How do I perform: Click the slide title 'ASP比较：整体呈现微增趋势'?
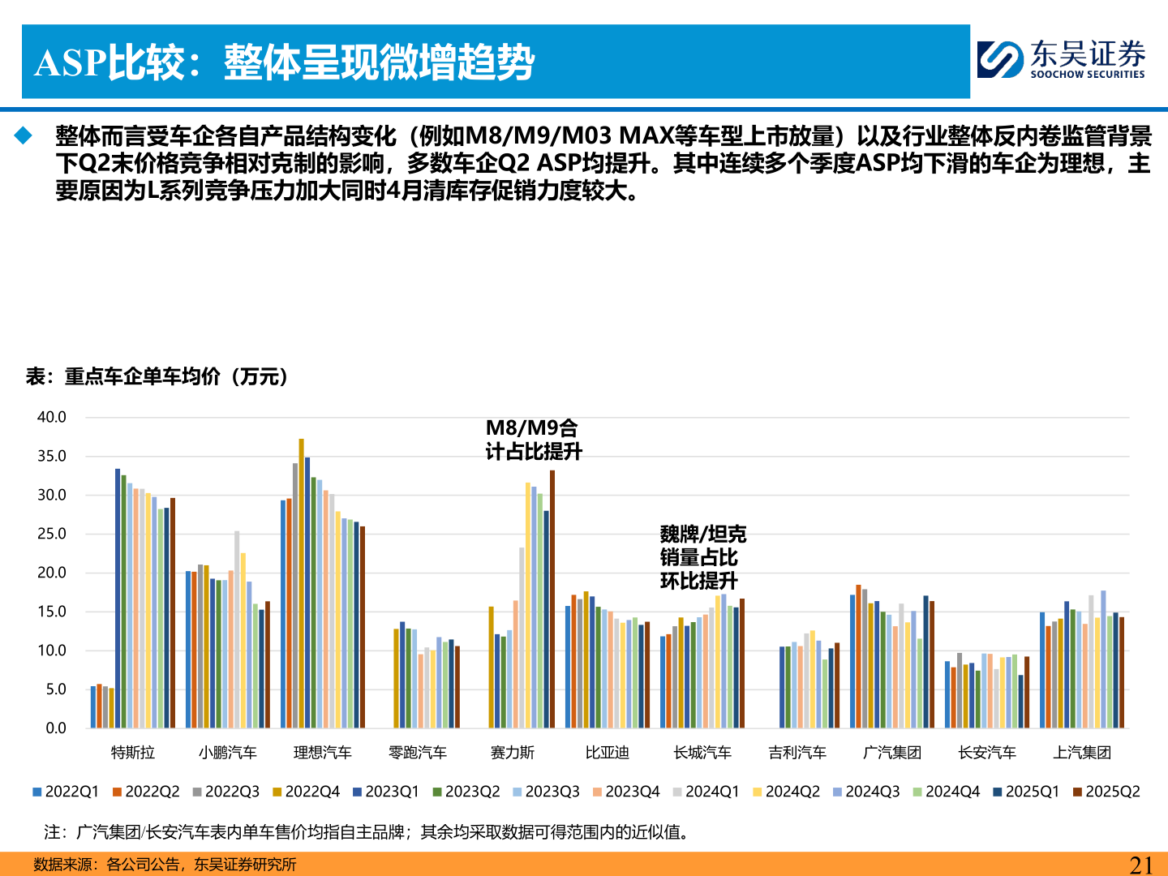[284, 62]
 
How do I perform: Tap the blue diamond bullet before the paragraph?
[23, 135]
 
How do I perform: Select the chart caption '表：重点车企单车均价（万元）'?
[157, 376]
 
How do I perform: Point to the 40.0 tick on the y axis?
[52, 417]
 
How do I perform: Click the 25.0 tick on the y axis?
[52, 534]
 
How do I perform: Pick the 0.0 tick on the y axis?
[55, 728]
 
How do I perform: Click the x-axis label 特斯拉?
[132, 753]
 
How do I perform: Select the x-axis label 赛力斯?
[513, 753]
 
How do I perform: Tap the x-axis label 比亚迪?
[608, 753]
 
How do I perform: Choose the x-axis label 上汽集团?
[1082, 753]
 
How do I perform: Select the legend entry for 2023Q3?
[546, 792]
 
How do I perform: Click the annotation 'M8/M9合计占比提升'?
[533, 440]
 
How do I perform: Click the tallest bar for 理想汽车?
[301, 584]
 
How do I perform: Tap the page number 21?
[1140, 865]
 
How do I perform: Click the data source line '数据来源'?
[165, 865]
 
